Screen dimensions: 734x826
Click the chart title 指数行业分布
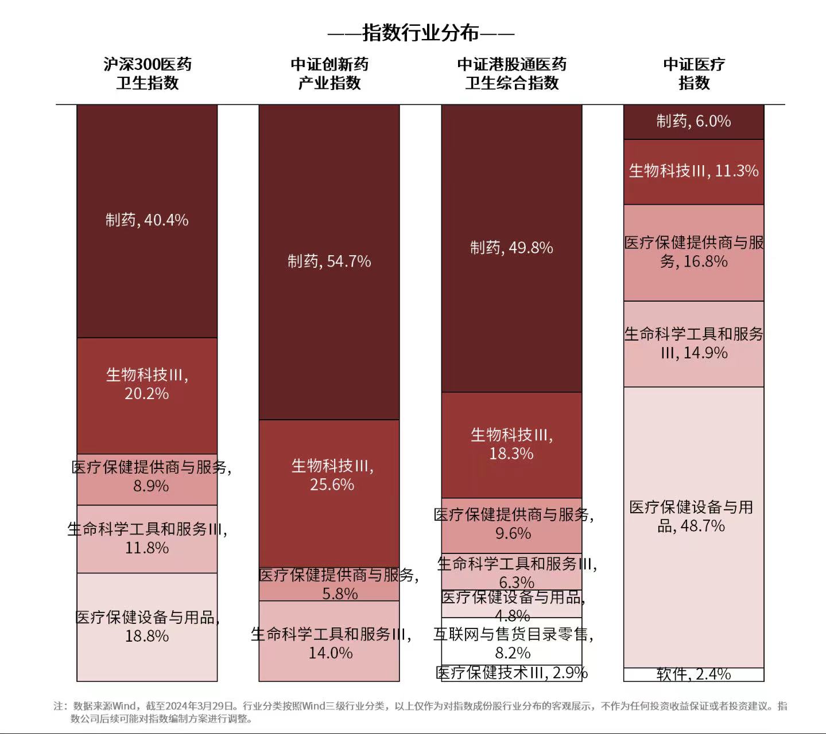tap(421, 33)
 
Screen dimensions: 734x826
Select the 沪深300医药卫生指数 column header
tap(148, 73)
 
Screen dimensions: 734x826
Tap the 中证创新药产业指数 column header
tap(329, 73)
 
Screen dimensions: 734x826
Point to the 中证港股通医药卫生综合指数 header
tap(511, 73)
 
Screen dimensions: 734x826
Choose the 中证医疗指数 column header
tap(693, 73)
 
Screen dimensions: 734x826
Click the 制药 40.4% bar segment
tap(147, 220)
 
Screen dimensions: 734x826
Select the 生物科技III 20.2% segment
tap(147, 396)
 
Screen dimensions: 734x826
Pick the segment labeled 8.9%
tap(147, 479)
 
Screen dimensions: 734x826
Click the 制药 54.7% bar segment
tap(329, 261)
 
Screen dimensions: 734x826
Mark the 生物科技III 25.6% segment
tap(329, 493)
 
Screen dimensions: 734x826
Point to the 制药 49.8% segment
tap(511, 248)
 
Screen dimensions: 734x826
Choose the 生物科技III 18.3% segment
tap(511, 445)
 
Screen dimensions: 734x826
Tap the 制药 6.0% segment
tap(693, 122)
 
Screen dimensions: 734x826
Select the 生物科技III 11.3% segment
tap(693, 171)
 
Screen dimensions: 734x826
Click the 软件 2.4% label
tap(693, 674)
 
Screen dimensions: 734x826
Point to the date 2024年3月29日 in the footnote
tap(200, 706)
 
